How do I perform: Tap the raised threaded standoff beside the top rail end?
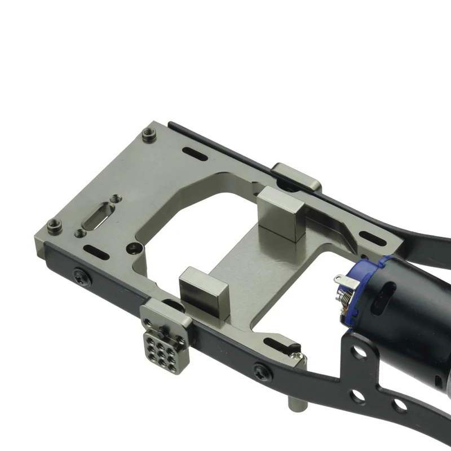[x=148, y=134]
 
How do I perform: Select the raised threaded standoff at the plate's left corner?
[x=54, y=225]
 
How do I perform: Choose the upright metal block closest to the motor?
[x=282, y=214]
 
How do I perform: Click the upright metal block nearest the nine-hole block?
[x=203, y=291]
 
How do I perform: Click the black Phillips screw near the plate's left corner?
[x=81, y=276]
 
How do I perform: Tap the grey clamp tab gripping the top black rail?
[x=296, y=176]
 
